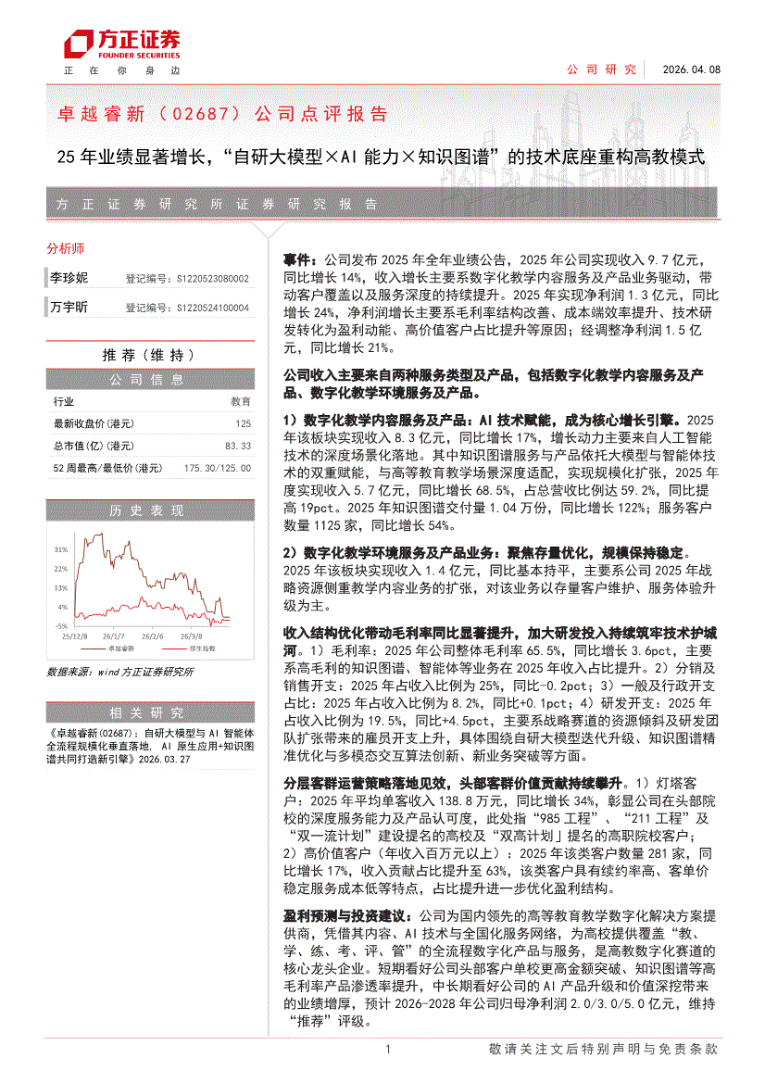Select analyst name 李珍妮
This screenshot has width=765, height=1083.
click(x=69, y=277)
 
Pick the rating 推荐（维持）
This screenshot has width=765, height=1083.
click(x=148, y=355)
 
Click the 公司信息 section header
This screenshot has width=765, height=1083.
click(x=148, y=379)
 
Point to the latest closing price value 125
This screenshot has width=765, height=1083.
click(x=243, y=423)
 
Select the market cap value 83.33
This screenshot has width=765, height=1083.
click(x=237, y=446)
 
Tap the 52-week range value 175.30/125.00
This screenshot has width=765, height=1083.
click(x=218, y=469)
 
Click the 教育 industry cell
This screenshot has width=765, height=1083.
click(x=240, y=402)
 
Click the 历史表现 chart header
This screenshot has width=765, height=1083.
click(x=148, y=510)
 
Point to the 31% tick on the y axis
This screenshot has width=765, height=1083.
click(x=60, y=548)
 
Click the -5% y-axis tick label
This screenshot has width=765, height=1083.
click(x=61, y=627)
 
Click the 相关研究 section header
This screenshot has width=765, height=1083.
click(x=148, y=712)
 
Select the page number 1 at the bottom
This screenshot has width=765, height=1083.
click(x=388, y=1049)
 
